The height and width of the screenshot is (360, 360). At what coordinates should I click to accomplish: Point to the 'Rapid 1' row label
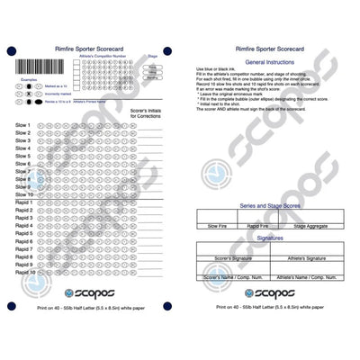click(24, 202)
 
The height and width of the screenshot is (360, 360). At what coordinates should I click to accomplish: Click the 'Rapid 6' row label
click(24, 241)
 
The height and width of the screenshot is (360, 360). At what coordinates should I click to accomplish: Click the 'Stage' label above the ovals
click(152, 56)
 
